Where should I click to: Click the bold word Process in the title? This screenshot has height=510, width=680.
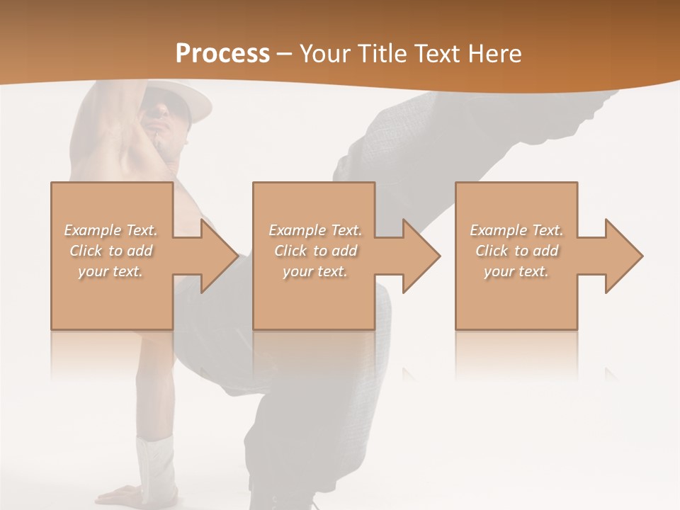[x=222, y=54]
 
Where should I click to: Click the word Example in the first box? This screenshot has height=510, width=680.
[x=92, y=230]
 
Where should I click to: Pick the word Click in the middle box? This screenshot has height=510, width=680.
[x=290, y=251]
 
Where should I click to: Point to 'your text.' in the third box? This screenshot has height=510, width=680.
[x=516, y=271]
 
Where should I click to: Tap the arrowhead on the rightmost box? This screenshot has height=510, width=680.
[x=626, y=256]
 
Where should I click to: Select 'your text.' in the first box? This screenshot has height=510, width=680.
[x=110, y=271]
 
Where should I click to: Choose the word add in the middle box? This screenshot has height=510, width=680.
[x=344, y=251]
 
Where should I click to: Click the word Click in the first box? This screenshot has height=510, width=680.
[x=85, y=251]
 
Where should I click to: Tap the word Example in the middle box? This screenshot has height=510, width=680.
[x=297, y=230]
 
